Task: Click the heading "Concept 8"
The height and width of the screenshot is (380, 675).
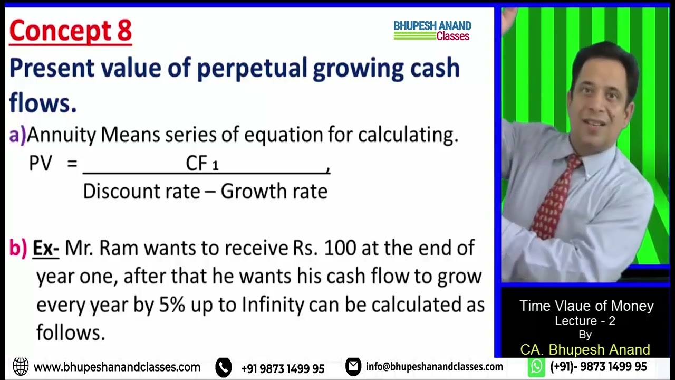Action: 70,31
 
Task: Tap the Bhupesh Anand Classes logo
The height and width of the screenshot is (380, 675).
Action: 432,31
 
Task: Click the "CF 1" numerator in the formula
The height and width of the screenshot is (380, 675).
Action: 202,164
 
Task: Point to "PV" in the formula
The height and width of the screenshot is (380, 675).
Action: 41,164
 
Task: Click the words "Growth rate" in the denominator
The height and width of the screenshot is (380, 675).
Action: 274,191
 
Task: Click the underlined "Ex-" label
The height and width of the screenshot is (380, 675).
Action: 46,248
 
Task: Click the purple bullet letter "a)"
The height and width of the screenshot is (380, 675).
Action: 17,136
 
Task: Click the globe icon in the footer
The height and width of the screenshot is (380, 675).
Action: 21,366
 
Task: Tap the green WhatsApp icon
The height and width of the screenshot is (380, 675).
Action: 536,366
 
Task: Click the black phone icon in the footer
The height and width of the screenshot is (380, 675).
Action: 224,367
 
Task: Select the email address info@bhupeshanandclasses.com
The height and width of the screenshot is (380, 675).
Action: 434,367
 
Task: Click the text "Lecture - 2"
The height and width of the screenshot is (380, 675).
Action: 585,321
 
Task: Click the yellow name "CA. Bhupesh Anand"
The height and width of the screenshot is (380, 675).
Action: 585,349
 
